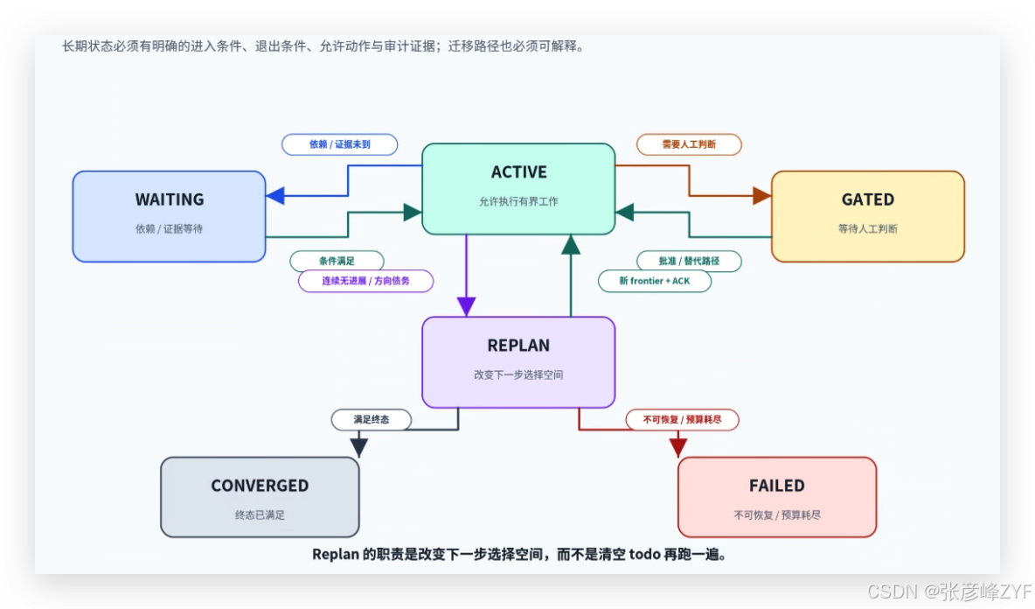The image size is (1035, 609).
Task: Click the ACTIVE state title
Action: point(519,172)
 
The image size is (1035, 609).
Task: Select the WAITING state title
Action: point(170,199)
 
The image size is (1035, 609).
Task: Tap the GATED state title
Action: point(868,199)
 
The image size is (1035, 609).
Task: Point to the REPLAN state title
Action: point(519,346)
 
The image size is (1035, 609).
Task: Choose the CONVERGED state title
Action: point(260,486)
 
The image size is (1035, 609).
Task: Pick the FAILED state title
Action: point(777,486)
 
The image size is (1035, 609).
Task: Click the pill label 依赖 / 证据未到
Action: point(339,144)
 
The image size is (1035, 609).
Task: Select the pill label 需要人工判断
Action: point(689,144)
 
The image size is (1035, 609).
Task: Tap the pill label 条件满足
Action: point(337,261)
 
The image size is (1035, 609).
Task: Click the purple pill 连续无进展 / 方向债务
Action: point(365,281)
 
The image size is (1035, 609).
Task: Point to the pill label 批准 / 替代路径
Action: point(689,261)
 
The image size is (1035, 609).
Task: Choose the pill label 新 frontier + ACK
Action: point(654,281)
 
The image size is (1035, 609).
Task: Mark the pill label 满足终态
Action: point(371,419)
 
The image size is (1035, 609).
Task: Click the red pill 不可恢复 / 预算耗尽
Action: point(682,419)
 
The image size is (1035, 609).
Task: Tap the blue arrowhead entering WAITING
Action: point(275,195)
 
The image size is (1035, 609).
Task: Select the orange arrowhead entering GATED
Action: point(761,195)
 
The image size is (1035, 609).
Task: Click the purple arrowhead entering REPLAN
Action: point(467,306)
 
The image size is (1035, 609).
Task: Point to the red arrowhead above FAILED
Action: point(677,447)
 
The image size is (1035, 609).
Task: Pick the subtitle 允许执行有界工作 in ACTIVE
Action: point(519,201)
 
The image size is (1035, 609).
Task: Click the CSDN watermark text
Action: point(950,591)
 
